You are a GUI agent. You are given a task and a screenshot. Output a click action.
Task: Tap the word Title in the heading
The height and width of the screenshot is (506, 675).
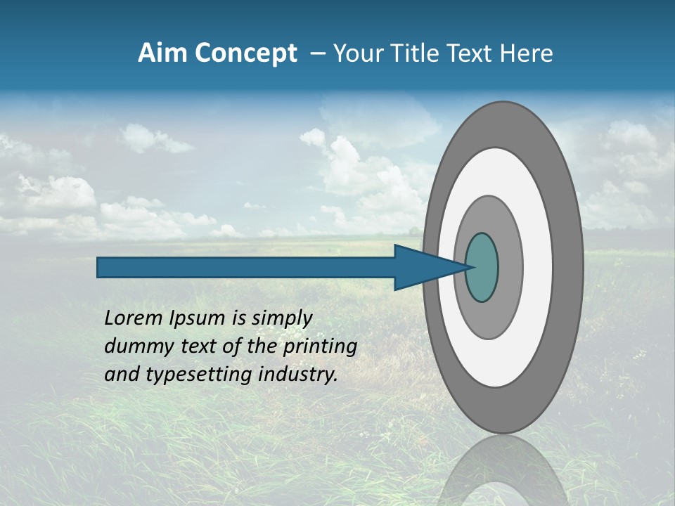[410, 53]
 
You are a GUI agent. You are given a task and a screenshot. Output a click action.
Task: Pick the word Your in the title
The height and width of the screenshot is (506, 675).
[358, 53]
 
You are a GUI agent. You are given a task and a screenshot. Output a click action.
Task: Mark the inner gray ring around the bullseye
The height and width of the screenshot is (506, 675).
[510, 268]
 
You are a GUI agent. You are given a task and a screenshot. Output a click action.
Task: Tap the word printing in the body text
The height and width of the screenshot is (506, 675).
[320, 347]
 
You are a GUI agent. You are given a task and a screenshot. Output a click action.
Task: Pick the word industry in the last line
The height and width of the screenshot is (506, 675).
[298, 375]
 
